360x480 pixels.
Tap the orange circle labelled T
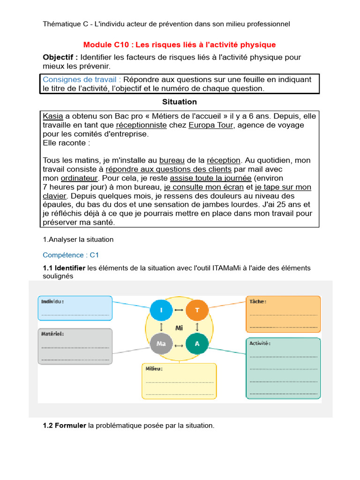click(x=197, y=310)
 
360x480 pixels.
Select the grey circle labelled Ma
click(x=161, y=344)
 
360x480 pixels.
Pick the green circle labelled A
click(x=197, y=344)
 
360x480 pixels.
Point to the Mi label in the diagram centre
click(x=179, y=328)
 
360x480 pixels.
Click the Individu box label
click(x=52, y=301)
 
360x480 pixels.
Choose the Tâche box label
click(x=258, y=301)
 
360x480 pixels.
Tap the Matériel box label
click(x=52, y=334)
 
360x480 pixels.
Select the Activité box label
click(x=260, y=343)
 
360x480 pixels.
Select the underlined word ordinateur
click(x=79, y=178)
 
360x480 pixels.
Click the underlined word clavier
click(x=55, y=196)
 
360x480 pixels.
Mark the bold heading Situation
click(x=180, y=102)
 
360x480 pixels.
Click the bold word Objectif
click(x=60, y=57)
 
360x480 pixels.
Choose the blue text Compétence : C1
click(x=71, y=255)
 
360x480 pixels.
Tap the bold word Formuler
click(x=70, y=426)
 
